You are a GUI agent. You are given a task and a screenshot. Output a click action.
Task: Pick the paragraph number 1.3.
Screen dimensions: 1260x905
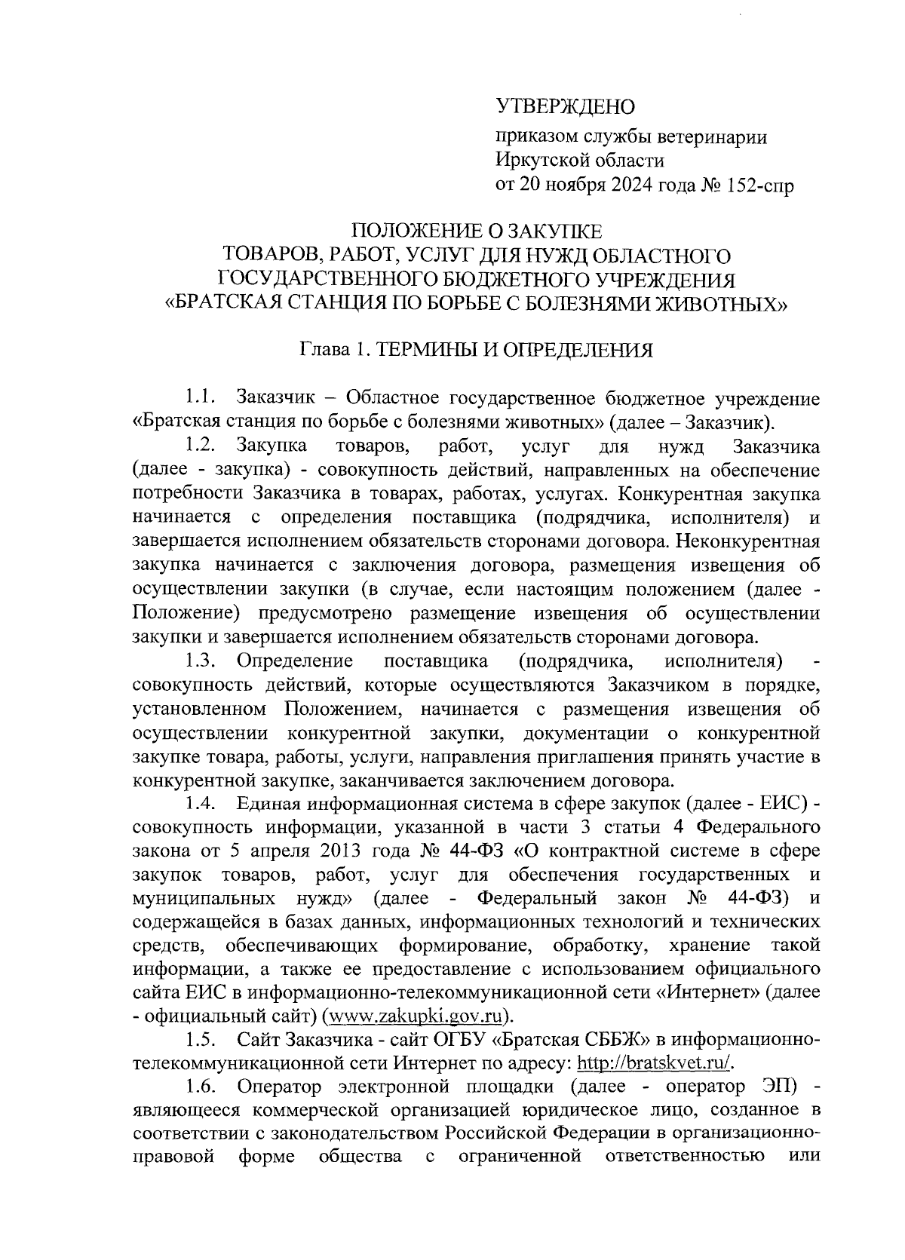(201, 661)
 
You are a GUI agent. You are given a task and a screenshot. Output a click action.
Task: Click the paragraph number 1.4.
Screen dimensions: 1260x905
(201, 804)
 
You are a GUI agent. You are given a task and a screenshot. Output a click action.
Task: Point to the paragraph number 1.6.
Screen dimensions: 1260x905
(201, 1087)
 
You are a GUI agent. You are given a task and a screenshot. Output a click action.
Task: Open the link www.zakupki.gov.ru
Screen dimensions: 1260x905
(413, 1016)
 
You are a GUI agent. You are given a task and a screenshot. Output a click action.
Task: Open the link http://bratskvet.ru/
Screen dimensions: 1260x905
(655, 1063)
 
